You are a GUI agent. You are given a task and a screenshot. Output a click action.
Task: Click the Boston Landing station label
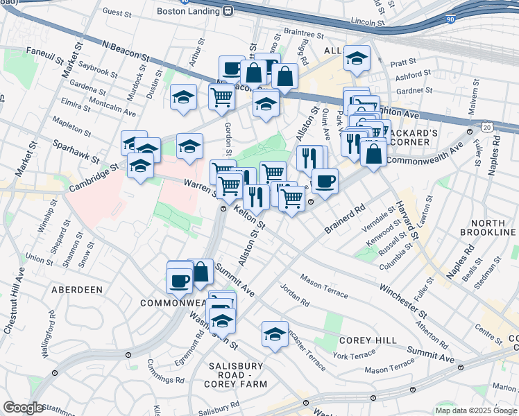[x=188, y=10]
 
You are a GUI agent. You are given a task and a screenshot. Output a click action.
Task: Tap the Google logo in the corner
[x=24, y=408]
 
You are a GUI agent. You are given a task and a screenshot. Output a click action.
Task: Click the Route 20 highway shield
[x=488, y=128]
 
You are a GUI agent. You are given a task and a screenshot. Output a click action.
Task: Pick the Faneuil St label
[x=44, y=52]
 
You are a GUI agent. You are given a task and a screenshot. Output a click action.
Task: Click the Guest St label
[x=117, y=12]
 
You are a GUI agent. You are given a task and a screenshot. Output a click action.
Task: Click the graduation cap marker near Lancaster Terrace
[x=275, y=334]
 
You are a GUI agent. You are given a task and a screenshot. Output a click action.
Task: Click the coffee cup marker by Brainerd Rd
[x=324, y=182]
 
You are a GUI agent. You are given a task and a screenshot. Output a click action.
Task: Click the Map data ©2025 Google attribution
[x=476, y=410]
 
